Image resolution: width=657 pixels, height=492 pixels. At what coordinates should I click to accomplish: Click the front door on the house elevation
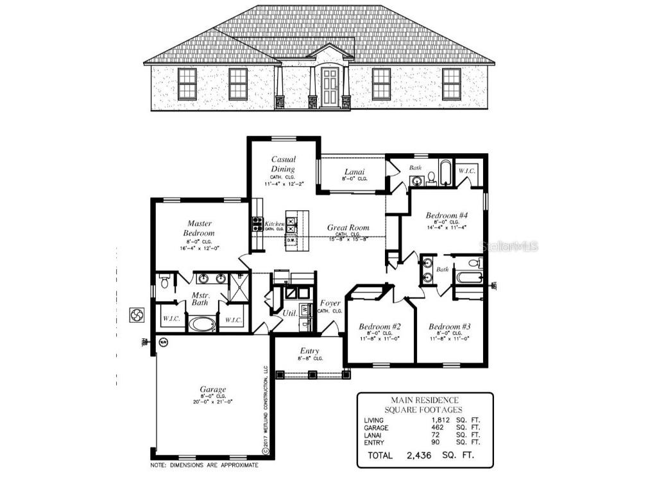[x=330, y=88]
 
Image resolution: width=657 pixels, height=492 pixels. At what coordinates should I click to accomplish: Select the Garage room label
[x=212, y=389]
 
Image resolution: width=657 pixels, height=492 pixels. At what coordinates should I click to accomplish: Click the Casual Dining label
[x=283, y=164]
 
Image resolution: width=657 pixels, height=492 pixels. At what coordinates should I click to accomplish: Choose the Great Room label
[x=348, y=227]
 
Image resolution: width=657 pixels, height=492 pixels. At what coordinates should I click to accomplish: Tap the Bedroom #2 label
[x=380, y=327]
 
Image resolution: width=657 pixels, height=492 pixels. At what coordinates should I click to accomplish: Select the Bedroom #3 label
[x=450, y=327]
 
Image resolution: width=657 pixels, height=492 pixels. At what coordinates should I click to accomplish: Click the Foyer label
[x=330, y=303]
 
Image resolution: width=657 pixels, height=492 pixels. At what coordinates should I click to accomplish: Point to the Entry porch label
[x=310, y=351]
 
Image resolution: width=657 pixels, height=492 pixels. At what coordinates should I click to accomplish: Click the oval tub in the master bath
[x=203, y=324]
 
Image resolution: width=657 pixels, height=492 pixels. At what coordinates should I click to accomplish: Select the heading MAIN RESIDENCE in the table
[x=425, y=400]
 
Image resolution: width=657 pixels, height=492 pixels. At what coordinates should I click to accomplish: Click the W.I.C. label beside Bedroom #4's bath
[x=466, y=171]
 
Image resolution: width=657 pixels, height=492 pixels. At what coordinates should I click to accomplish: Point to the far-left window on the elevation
[x=187, y=84]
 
